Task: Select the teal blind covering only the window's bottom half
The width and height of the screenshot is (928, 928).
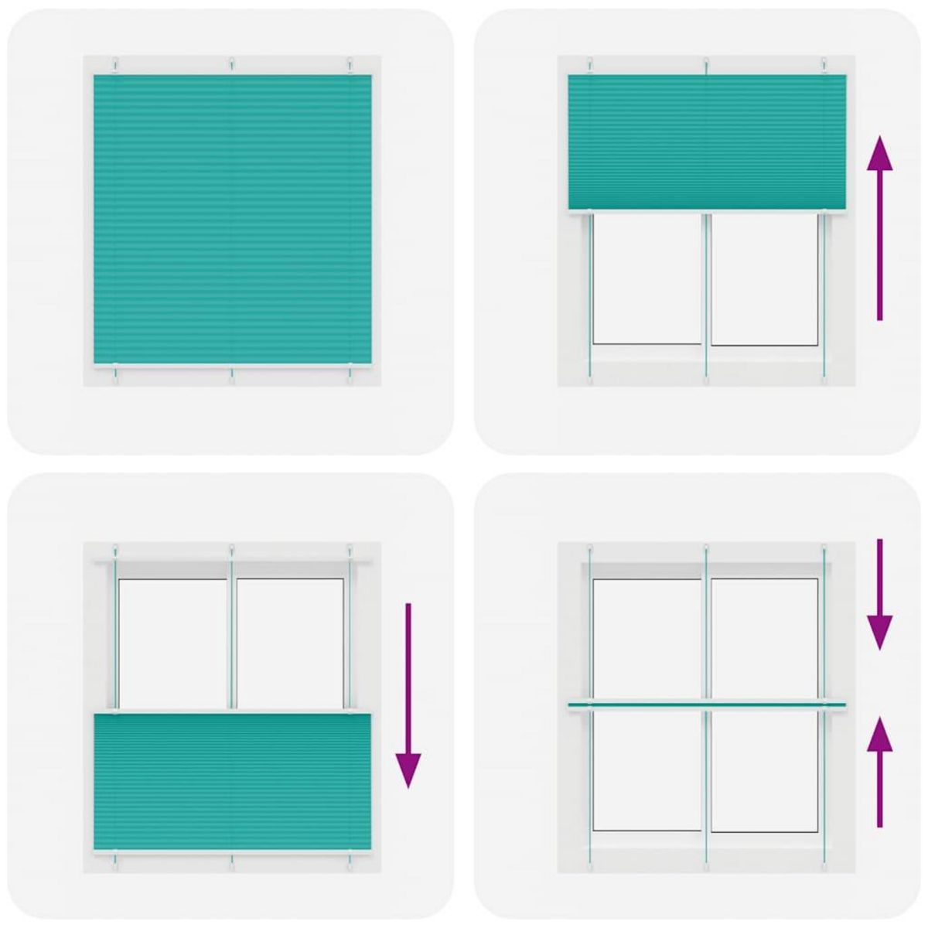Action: point(232,780)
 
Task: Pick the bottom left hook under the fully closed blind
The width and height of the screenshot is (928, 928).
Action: point(114,374)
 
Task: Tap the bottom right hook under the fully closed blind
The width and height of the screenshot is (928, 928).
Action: point(350,374)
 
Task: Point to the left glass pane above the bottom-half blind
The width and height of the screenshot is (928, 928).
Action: point(172,642)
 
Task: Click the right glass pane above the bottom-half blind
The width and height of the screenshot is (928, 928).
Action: point(290,642)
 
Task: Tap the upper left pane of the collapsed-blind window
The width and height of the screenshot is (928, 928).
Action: point(647,638)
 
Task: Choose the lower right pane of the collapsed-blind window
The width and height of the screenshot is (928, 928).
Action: point(764,769)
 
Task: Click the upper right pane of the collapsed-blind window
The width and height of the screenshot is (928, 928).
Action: point(764,638)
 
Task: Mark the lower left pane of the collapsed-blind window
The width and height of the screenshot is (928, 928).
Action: point(647,769)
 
